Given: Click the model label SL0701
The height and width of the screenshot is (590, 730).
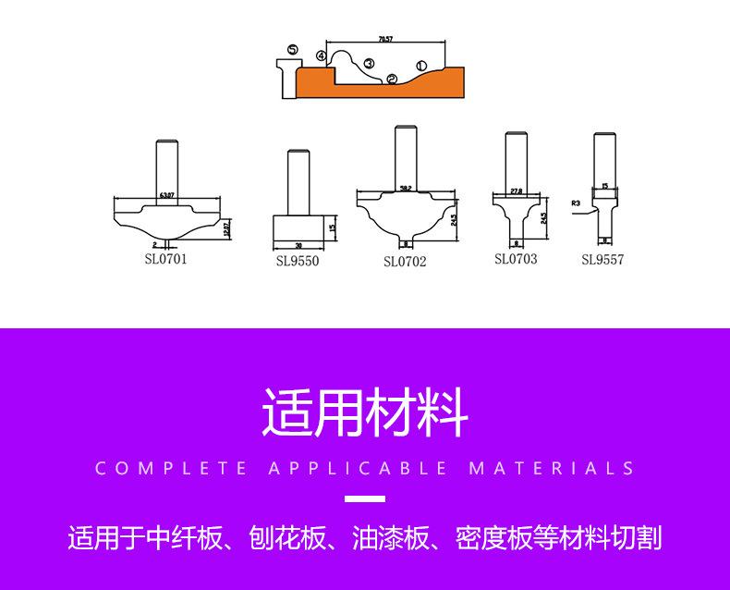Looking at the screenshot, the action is click(x=165, y=259).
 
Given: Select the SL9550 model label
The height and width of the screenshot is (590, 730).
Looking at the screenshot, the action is click(x=298, y=261).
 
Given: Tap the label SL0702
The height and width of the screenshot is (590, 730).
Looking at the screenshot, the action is click(x=405, y=262).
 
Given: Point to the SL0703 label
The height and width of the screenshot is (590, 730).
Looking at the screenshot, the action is click(x=516, y=259).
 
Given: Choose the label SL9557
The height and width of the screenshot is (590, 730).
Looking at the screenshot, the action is click(x=602, y=260).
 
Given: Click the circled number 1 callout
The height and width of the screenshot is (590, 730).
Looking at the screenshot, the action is click(x=421, y=66).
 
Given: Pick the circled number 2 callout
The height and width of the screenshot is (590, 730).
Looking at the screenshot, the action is click(x=392, y=80).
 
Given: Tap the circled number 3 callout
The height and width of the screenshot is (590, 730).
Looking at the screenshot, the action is click(x=369, y=63).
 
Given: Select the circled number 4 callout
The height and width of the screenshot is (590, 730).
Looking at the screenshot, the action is click(x=321, y=56).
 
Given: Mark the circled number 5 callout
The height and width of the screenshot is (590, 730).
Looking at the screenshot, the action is click(x=292, y=49).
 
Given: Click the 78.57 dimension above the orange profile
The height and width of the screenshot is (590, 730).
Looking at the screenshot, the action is click(x=385, y=39).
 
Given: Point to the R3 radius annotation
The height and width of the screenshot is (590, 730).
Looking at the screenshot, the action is click(x=576, y=201).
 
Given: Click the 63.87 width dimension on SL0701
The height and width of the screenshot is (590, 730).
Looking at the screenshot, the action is click(x=167, y=194).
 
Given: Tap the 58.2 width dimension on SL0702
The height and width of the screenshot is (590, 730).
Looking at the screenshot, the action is click(x=405, y=188).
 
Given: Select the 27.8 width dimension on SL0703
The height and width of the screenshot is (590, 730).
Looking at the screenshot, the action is click(x=517, y=191).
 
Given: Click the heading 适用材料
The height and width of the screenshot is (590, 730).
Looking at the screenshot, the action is click(x=365, y=412).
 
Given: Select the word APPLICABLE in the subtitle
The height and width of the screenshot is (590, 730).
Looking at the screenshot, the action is click(x=358, y=468).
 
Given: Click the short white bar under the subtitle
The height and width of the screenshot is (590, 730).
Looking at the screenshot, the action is click(x=364, y=499).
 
